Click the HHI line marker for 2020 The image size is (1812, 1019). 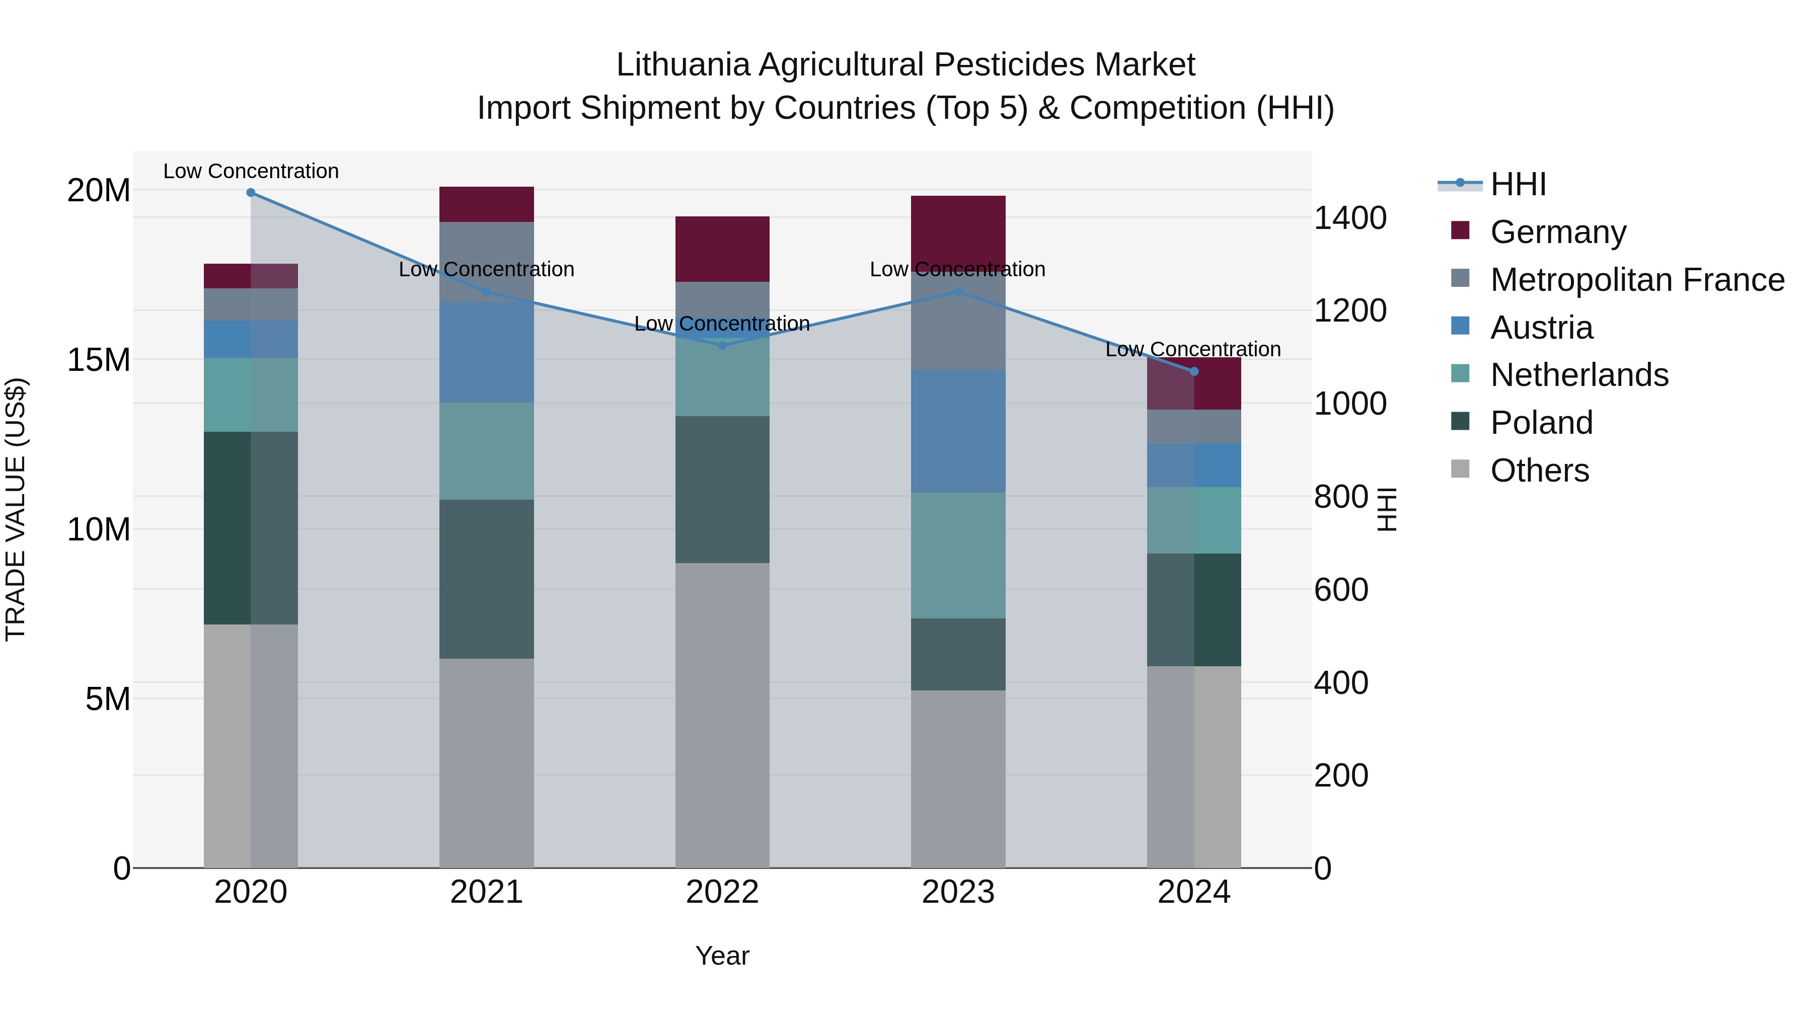click(x=251, y=193)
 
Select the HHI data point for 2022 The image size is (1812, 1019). click(x=722, y=345)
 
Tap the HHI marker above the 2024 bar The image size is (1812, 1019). click(x=1194, y=371)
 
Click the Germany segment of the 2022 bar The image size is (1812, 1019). click(x=722, y=249)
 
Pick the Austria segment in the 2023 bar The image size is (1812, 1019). click(x=958, y=431)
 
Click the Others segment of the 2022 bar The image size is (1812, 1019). click(x=722, y=715)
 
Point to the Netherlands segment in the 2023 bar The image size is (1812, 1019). click(x=958, y=555)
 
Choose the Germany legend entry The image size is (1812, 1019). click(x=1557, y=232)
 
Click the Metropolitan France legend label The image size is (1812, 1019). click(x=1637, y=280)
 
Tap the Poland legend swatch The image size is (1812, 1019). click(x=1460, y=422)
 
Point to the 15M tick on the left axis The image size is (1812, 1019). click(x=99, y=360)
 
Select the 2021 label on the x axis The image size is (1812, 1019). click(x=486, y=892)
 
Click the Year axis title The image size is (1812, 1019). click(x=722, y=956)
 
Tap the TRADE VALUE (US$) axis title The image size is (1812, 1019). click(x=16, y=509)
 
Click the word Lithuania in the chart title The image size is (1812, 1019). click(x=683, y=65)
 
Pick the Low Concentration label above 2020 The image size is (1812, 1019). click(x=251, y=171)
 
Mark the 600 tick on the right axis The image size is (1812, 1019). click(x=1341, y=589)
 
